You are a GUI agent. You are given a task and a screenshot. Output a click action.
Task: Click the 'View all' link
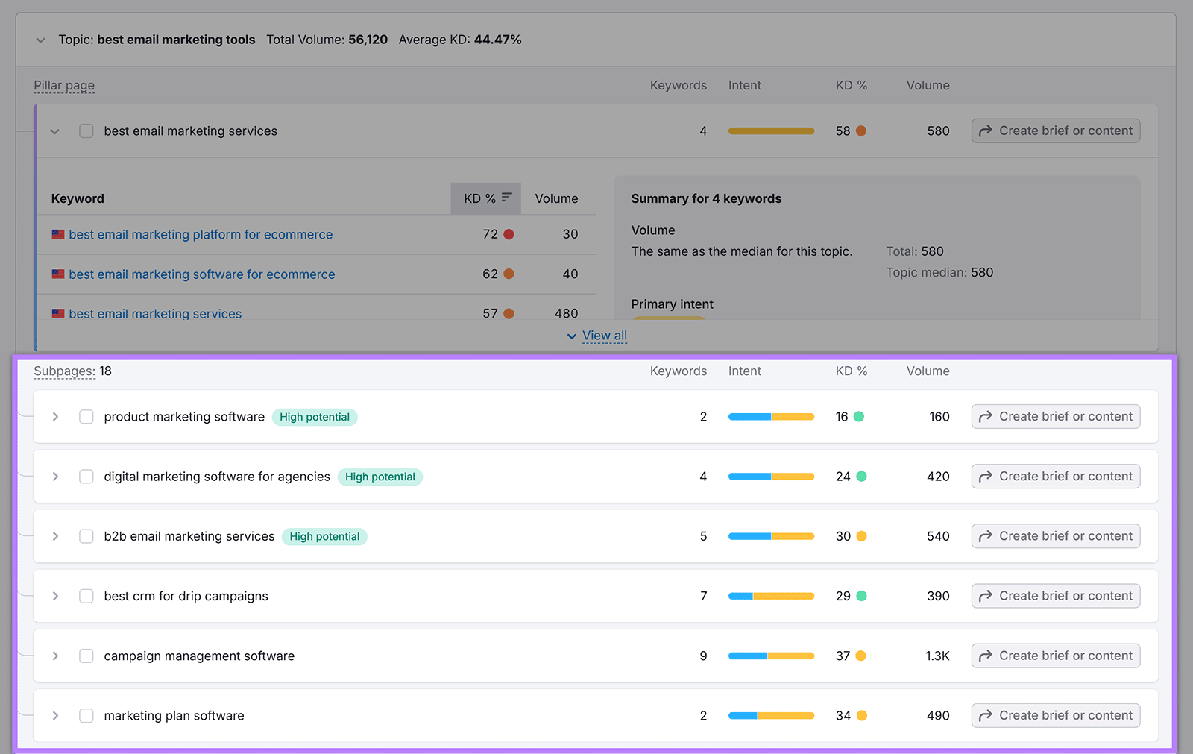click(604, 336)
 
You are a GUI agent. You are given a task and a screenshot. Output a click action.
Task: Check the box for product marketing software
click(86, 417)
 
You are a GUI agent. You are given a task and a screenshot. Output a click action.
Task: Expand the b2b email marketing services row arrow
click(55, 536)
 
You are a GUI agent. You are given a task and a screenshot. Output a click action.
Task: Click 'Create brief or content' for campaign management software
click(1055, 656)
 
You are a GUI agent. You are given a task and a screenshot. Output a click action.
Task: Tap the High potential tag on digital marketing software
click(380, 477)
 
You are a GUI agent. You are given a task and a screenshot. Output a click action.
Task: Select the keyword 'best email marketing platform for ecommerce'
click(201, 234)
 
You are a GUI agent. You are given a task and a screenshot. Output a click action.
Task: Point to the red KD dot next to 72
click(509, 234)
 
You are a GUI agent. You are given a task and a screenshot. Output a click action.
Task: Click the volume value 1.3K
click(937, 656)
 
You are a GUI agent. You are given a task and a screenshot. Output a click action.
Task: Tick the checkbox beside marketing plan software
click(86, 715)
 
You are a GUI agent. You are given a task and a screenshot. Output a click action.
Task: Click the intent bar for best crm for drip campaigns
click(771, 596)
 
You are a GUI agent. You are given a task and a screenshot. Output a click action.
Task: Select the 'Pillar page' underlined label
click(64, 85)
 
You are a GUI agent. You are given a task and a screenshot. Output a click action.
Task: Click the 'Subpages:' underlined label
click(64, 371)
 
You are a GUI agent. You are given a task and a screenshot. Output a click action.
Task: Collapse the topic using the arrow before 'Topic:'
click(41, 40)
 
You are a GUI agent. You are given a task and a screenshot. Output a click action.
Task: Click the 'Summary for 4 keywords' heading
click(706, 198)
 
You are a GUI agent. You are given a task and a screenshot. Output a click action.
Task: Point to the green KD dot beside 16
click(859, 417)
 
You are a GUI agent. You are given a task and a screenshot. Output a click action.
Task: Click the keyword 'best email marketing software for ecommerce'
click(202, 274)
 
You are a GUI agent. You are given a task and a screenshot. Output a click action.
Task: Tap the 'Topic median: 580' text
click(939, 272)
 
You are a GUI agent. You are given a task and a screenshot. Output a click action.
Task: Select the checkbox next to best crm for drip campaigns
click(86, 596)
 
